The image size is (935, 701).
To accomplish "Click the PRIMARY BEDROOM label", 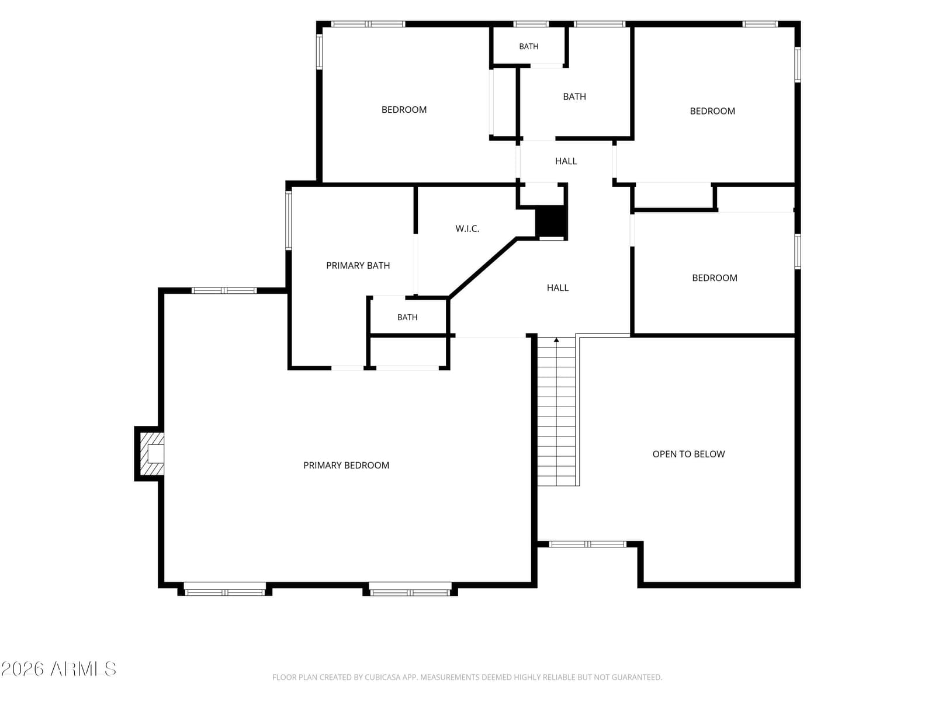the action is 346,465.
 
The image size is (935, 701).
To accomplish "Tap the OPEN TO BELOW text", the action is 688,454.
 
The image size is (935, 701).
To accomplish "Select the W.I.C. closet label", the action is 467,228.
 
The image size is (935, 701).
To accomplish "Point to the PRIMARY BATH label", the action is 358,266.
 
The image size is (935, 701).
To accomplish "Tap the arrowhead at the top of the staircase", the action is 556,339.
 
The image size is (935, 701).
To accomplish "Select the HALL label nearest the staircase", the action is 557,288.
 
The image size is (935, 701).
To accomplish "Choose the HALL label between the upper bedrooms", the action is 566,161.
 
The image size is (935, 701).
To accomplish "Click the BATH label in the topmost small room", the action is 529,46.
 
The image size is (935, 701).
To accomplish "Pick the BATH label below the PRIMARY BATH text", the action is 407,317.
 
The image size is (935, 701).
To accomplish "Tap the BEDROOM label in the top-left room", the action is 404,110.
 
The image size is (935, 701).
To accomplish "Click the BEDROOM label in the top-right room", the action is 712,111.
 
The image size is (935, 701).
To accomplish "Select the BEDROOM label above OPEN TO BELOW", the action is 714,278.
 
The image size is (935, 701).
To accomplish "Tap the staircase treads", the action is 556,411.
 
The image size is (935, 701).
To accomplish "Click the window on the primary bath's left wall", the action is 288,220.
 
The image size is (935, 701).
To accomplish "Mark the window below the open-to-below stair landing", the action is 588,544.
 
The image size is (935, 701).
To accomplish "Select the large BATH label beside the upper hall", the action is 574,96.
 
